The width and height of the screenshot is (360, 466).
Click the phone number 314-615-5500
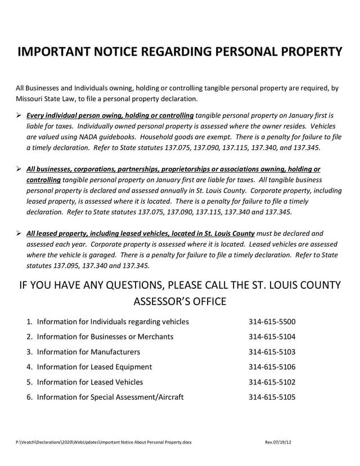pos(272,322)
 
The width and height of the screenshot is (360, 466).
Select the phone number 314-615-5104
pos(272,337)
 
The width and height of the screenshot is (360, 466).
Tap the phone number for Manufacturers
pos(272,352)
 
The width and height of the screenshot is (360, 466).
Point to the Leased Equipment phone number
pos(272,367)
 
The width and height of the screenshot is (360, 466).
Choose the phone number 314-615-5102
pos(272,382)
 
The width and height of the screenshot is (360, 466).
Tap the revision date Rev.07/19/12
pos(278,442)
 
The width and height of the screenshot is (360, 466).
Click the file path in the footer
pos(103,442)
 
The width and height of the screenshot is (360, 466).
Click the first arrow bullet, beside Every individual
pos(19,115)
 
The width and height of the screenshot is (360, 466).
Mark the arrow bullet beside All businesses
pos(19,169)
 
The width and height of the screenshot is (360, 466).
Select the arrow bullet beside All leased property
pos(19,233)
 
